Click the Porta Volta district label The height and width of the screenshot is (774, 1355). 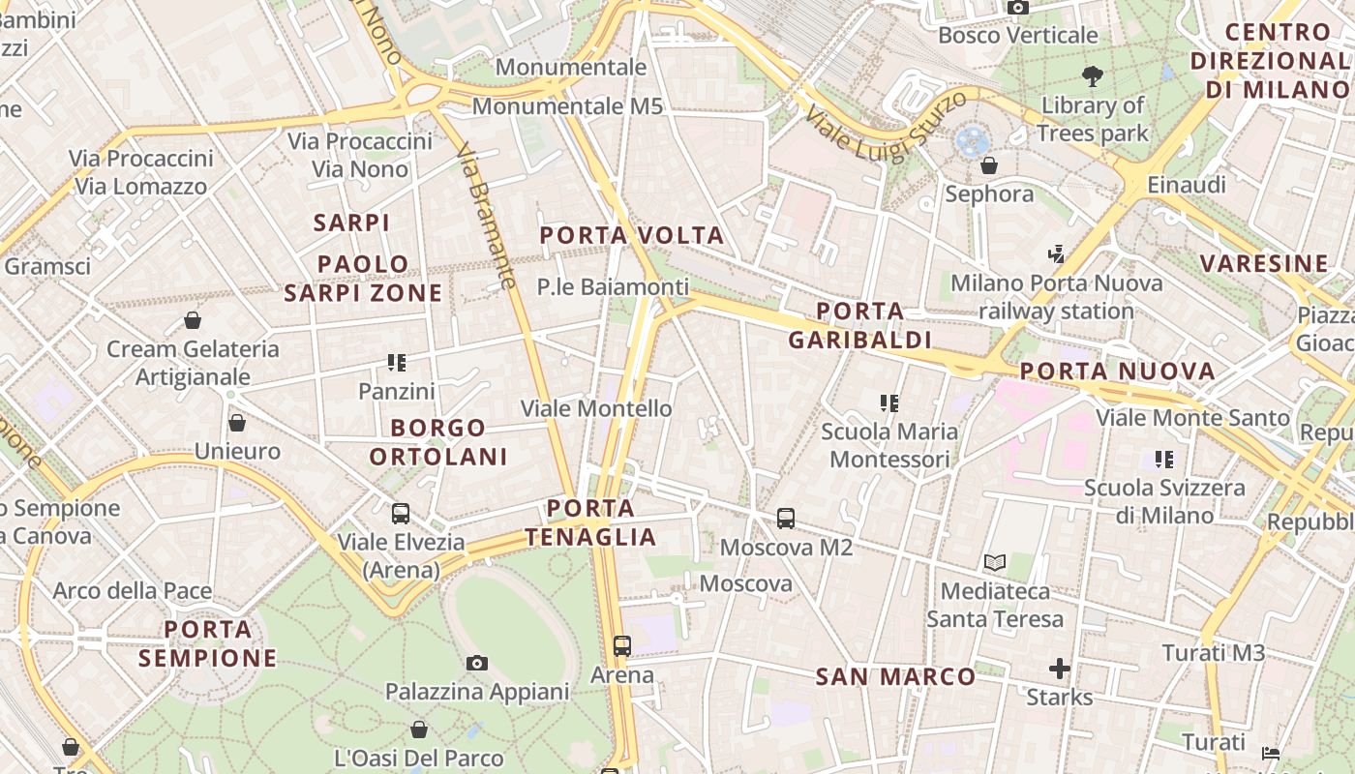631,235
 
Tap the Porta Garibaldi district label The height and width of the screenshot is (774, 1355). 859,325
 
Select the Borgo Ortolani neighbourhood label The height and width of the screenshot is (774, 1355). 438,441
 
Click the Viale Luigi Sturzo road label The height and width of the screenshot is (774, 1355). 885,126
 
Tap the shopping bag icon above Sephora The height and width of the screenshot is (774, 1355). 988,165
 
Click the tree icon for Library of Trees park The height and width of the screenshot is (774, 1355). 1093,76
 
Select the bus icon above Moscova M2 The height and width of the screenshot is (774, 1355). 786,519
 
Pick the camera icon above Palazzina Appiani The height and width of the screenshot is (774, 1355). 476,663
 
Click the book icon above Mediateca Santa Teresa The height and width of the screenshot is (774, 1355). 994,562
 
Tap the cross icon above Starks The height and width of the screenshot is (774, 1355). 1060,669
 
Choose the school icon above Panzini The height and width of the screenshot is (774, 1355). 396,363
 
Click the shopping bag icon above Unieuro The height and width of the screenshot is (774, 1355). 237,423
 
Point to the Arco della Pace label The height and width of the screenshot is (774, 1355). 132,590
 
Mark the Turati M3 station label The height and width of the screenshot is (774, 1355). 1213,653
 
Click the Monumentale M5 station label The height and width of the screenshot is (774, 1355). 567,105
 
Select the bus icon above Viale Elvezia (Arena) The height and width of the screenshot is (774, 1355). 400,514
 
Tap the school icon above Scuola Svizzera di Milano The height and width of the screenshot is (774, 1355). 1163,460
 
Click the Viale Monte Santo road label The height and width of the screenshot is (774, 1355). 1192,418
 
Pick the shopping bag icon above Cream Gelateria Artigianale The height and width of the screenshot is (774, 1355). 193,320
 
